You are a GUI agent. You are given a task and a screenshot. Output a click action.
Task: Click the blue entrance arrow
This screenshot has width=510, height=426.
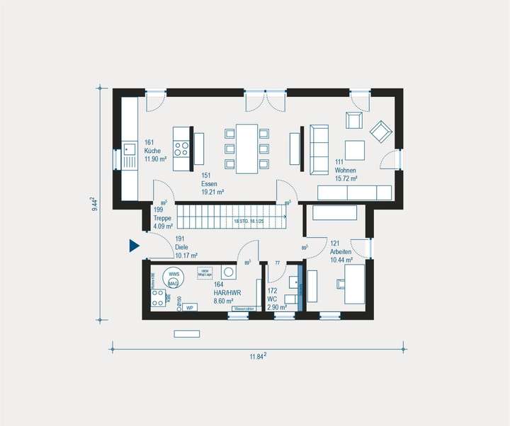[134, 246]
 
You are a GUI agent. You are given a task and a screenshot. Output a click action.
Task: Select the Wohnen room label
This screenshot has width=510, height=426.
[346, 171]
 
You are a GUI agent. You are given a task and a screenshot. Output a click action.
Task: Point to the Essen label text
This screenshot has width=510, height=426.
[208, 183]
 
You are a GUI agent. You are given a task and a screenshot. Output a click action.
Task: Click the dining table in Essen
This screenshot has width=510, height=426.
[246, 147]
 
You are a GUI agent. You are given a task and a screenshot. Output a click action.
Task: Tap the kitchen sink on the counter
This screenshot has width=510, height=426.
[129, 149]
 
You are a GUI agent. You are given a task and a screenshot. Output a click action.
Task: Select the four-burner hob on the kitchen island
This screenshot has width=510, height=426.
[182, 149]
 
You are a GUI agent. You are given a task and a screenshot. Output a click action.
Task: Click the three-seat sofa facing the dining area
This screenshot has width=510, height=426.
[319, 147]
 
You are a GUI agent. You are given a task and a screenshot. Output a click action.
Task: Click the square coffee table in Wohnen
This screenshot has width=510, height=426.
[354, 149]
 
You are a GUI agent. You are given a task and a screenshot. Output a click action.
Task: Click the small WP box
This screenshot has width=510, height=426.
[189, 308]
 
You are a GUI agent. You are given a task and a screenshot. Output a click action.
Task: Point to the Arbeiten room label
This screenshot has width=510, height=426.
[340, 252]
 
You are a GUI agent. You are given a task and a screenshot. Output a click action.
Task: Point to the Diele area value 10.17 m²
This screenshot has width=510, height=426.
[186, 255]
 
